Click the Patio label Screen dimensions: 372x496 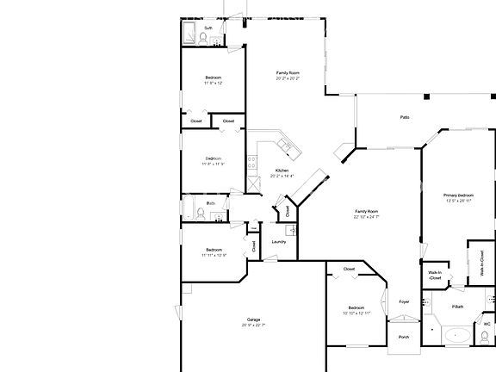[404, 117]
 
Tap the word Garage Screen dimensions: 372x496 [253, 319]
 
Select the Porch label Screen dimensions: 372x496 [403, 337]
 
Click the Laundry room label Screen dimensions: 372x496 [278, 241]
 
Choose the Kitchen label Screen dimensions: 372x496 [282, 170]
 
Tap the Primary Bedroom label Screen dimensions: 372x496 [458, 196]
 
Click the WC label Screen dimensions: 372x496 [487, 325]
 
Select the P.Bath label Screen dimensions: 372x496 [457, 307]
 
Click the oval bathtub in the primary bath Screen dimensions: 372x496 [456, 336]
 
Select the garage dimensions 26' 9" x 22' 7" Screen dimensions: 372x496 [253, 325]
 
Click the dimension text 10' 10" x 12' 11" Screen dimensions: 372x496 [356, 313]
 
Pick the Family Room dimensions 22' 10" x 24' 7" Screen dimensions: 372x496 [367, 217]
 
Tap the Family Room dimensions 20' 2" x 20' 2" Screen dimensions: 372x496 [288, 78]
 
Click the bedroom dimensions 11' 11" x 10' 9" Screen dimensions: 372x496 [214, 255]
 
